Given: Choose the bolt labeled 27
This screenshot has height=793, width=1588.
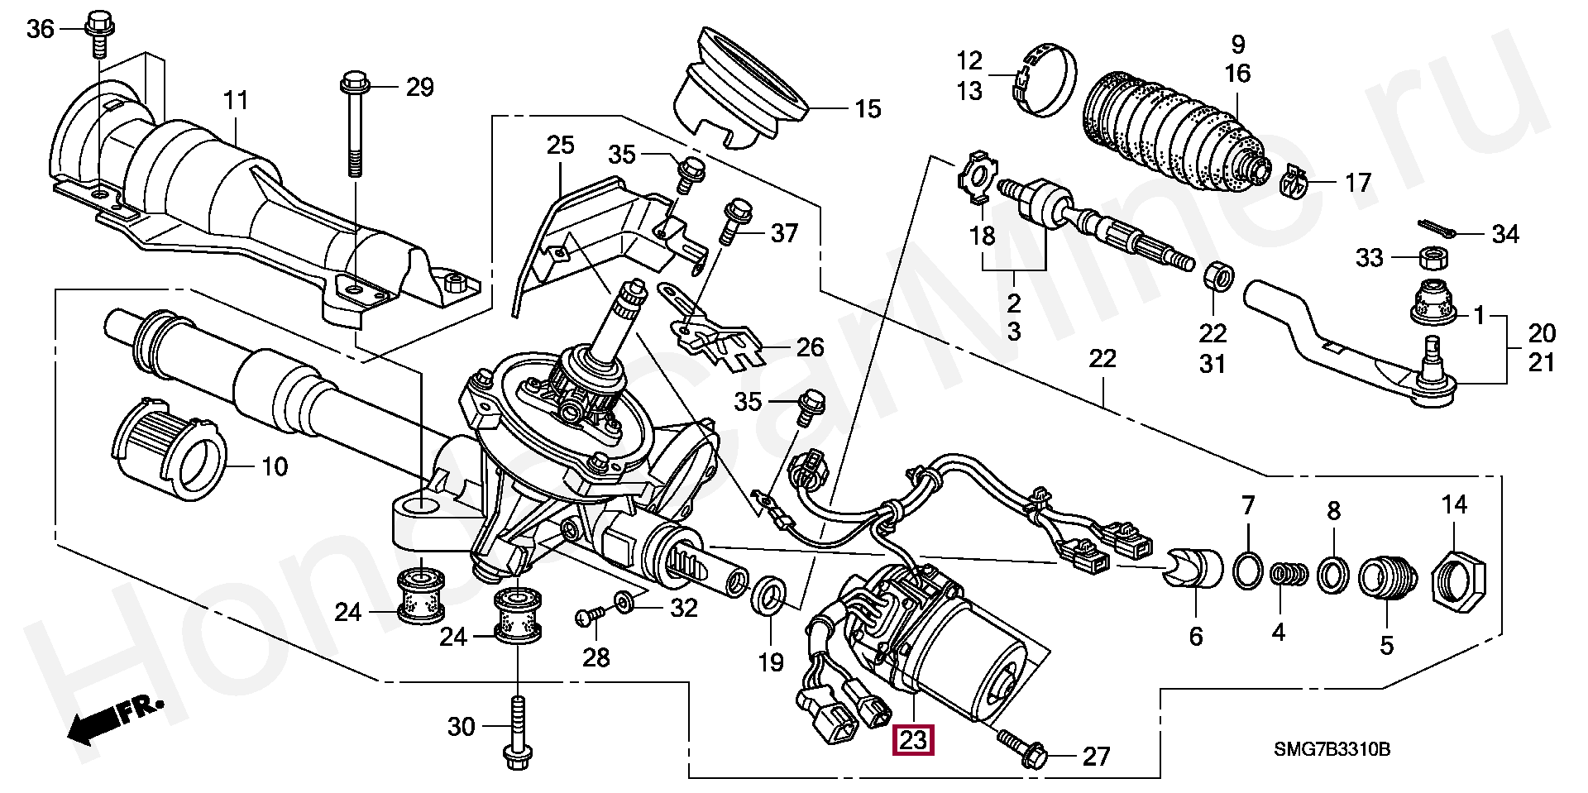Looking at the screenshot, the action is coord(1023,745).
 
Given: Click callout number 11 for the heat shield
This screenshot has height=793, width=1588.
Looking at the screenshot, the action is coord(236,103).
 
